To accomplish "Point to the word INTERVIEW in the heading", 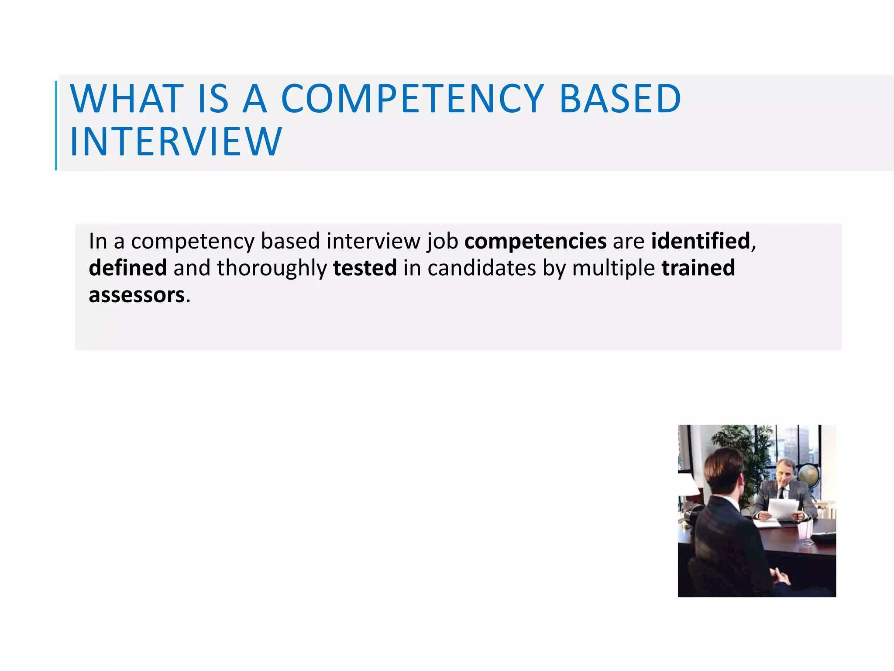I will (176, 142).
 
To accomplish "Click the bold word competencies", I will (535, 241).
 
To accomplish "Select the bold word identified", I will (701, 241).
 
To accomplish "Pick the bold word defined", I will (127, 268).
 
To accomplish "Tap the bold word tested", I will (365, 268).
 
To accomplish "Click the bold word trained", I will (698, 268).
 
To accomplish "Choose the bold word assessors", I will (137, 295).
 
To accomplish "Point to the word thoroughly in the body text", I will (272, 269).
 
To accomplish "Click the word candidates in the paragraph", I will (481, 268).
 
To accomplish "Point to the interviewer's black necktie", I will (781, 494).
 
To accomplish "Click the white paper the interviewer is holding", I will (784, 509).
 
